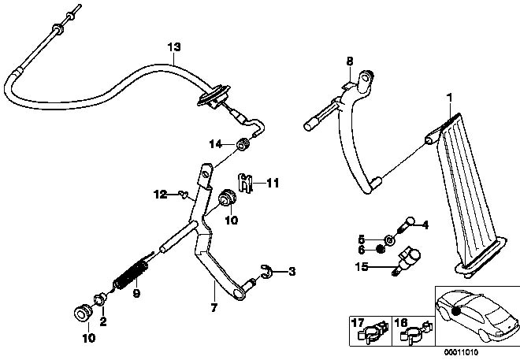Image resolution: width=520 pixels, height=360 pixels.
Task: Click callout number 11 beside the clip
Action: click(251, 183)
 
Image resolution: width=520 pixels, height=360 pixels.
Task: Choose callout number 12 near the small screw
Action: click(159, 193)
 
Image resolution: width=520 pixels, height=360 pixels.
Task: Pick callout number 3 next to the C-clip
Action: click(292, 273)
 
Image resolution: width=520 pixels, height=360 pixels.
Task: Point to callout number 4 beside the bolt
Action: click(425, 225)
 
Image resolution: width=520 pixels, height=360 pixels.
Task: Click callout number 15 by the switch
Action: click(362, 268)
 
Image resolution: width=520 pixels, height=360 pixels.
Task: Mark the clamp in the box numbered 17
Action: click(373, 333)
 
